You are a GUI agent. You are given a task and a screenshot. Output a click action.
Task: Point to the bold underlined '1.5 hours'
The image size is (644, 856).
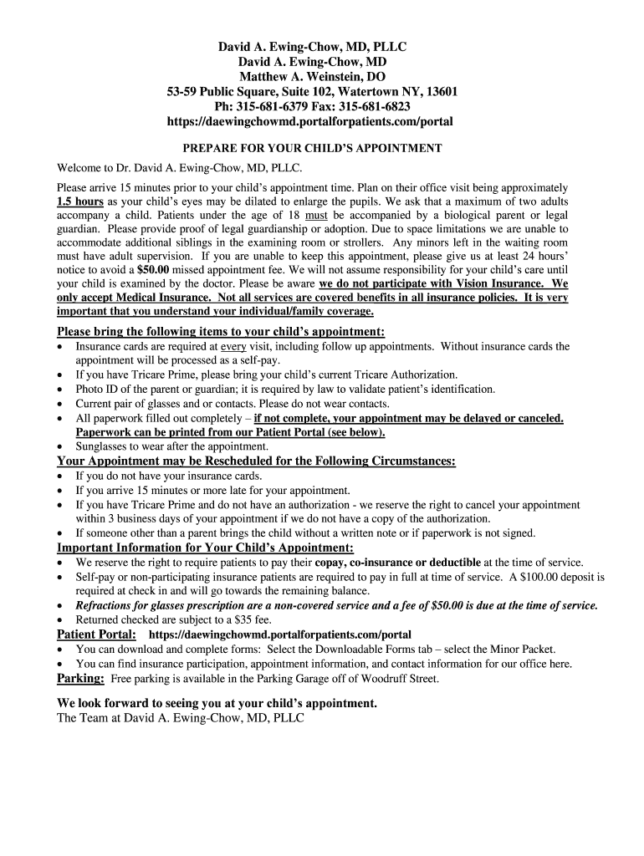(79, 201)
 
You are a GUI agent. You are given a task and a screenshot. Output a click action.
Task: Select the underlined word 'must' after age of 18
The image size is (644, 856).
(316, 215)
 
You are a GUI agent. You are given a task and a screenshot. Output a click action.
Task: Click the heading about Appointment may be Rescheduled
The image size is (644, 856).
(256, 461)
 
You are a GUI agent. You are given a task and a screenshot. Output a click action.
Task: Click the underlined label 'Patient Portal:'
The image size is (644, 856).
(96, 634)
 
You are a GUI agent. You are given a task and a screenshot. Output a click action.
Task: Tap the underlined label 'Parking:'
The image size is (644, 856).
(80, 678)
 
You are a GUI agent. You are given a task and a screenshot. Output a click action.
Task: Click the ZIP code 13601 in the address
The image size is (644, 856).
(437, 91)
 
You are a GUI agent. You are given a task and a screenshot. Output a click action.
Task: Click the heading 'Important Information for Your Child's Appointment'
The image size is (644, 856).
(205, 548)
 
